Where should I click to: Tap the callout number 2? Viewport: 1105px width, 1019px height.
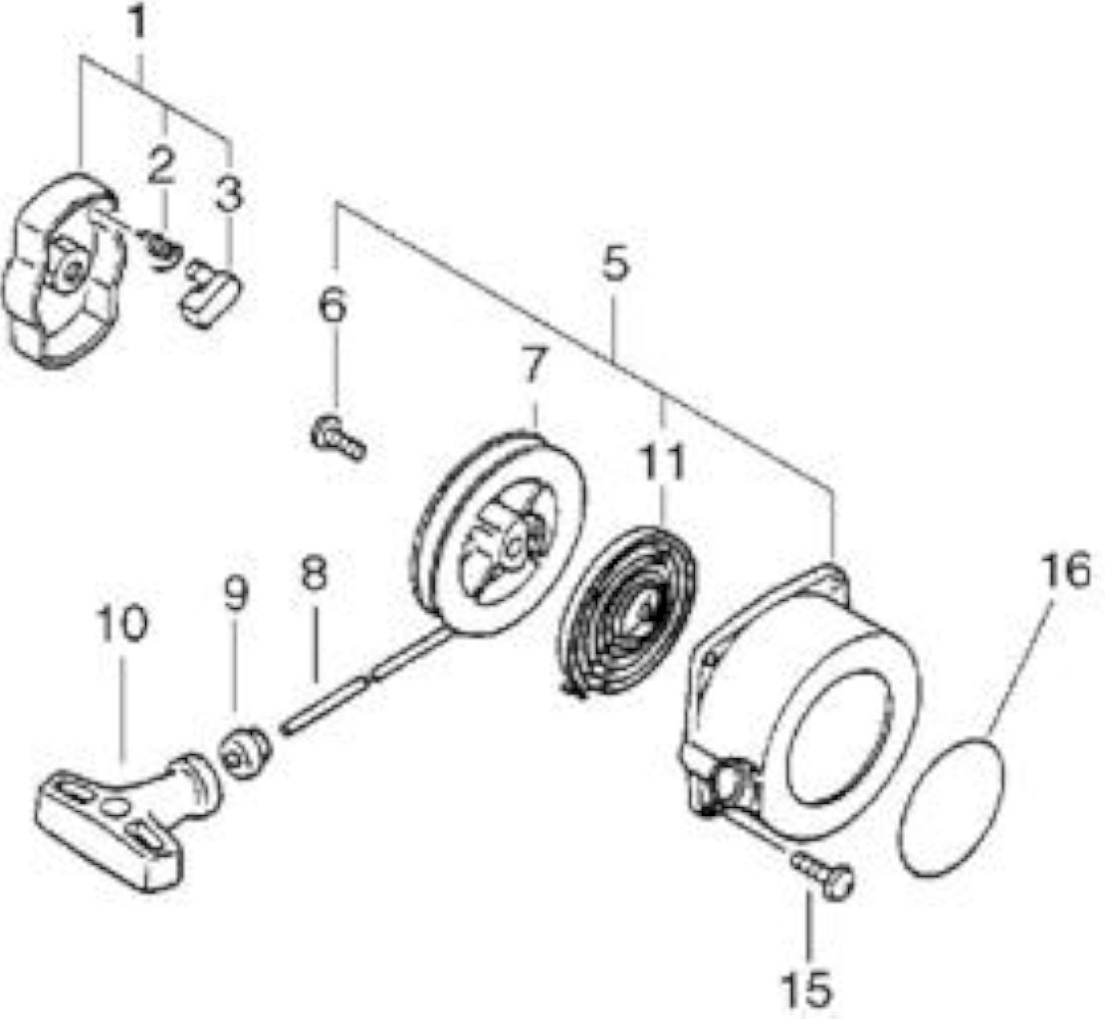161,166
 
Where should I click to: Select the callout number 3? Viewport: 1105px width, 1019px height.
229,193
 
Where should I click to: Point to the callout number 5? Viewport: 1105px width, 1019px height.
614,264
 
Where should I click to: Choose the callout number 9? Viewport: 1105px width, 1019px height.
236,594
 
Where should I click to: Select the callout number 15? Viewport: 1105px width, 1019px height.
807,989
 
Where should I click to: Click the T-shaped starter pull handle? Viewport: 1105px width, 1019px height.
126,819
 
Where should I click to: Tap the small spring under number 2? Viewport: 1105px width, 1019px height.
160,248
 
